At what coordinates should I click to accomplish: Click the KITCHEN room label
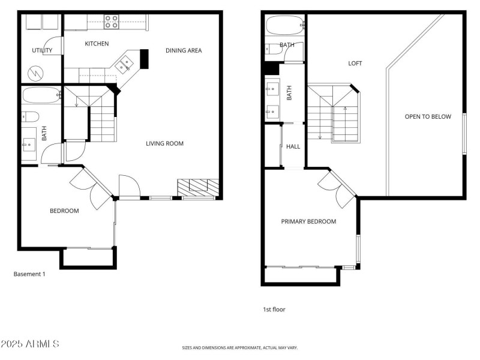[x=97, y=44]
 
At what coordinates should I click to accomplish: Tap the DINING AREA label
[x=184, y=50]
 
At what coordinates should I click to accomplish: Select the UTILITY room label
[x=42, y=50]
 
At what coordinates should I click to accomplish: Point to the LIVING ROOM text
[x=164, y=143]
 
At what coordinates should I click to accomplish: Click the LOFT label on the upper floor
[x=355, y=63]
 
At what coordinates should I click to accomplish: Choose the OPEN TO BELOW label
[x=427, y=116]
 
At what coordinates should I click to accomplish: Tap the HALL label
[x=293, y=146]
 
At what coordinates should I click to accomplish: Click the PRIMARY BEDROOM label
[x=308, y=221]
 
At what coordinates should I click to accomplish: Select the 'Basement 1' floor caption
[x=29, y=274]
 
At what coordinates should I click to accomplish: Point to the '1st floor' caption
[x=274, y=310]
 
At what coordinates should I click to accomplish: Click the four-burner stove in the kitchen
[x=112, y=22]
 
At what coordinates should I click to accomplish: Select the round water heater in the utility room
[x=37, y=74]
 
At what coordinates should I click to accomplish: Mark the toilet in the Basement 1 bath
[x=30, y=116]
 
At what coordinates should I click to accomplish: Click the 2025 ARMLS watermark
[x=30, y=344]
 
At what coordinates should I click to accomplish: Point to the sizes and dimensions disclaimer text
[x=240, y=347]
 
